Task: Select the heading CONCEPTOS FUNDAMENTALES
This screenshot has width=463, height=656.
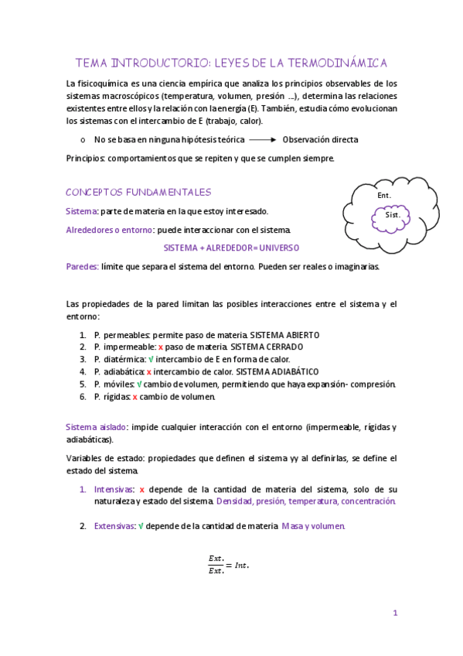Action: click(x=138, y=192)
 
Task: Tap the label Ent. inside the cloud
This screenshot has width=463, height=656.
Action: click(x=383, y=196)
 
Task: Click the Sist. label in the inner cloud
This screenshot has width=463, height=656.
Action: click(x=392, y=215)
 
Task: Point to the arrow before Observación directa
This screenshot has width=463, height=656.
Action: click(x=263, y=140)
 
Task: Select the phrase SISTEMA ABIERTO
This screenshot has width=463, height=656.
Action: click(x=284, y=335)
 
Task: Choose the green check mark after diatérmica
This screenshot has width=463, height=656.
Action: click(x=151, y=360)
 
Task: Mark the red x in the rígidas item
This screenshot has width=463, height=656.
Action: click(x=135, y=397)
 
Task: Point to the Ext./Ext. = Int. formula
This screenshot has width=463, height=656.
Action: click(x=229, y=565)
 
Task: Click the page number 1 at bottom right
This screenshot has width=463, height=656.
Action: click(x=395, y=613)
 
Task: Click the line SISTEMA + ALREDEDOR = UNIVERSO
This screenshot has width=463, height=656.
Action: click(x=231, y=248)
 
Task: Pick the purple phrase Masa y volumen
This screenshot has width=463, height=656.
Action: click(x=314, y=526)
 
